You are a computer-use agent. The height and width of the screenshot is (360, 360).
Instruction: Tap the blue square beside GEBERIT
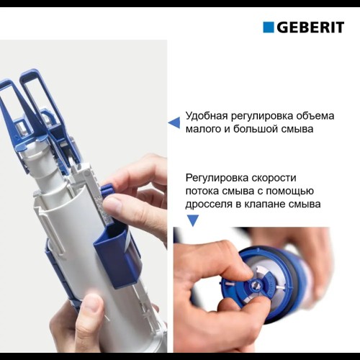[x=269, y=27]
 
